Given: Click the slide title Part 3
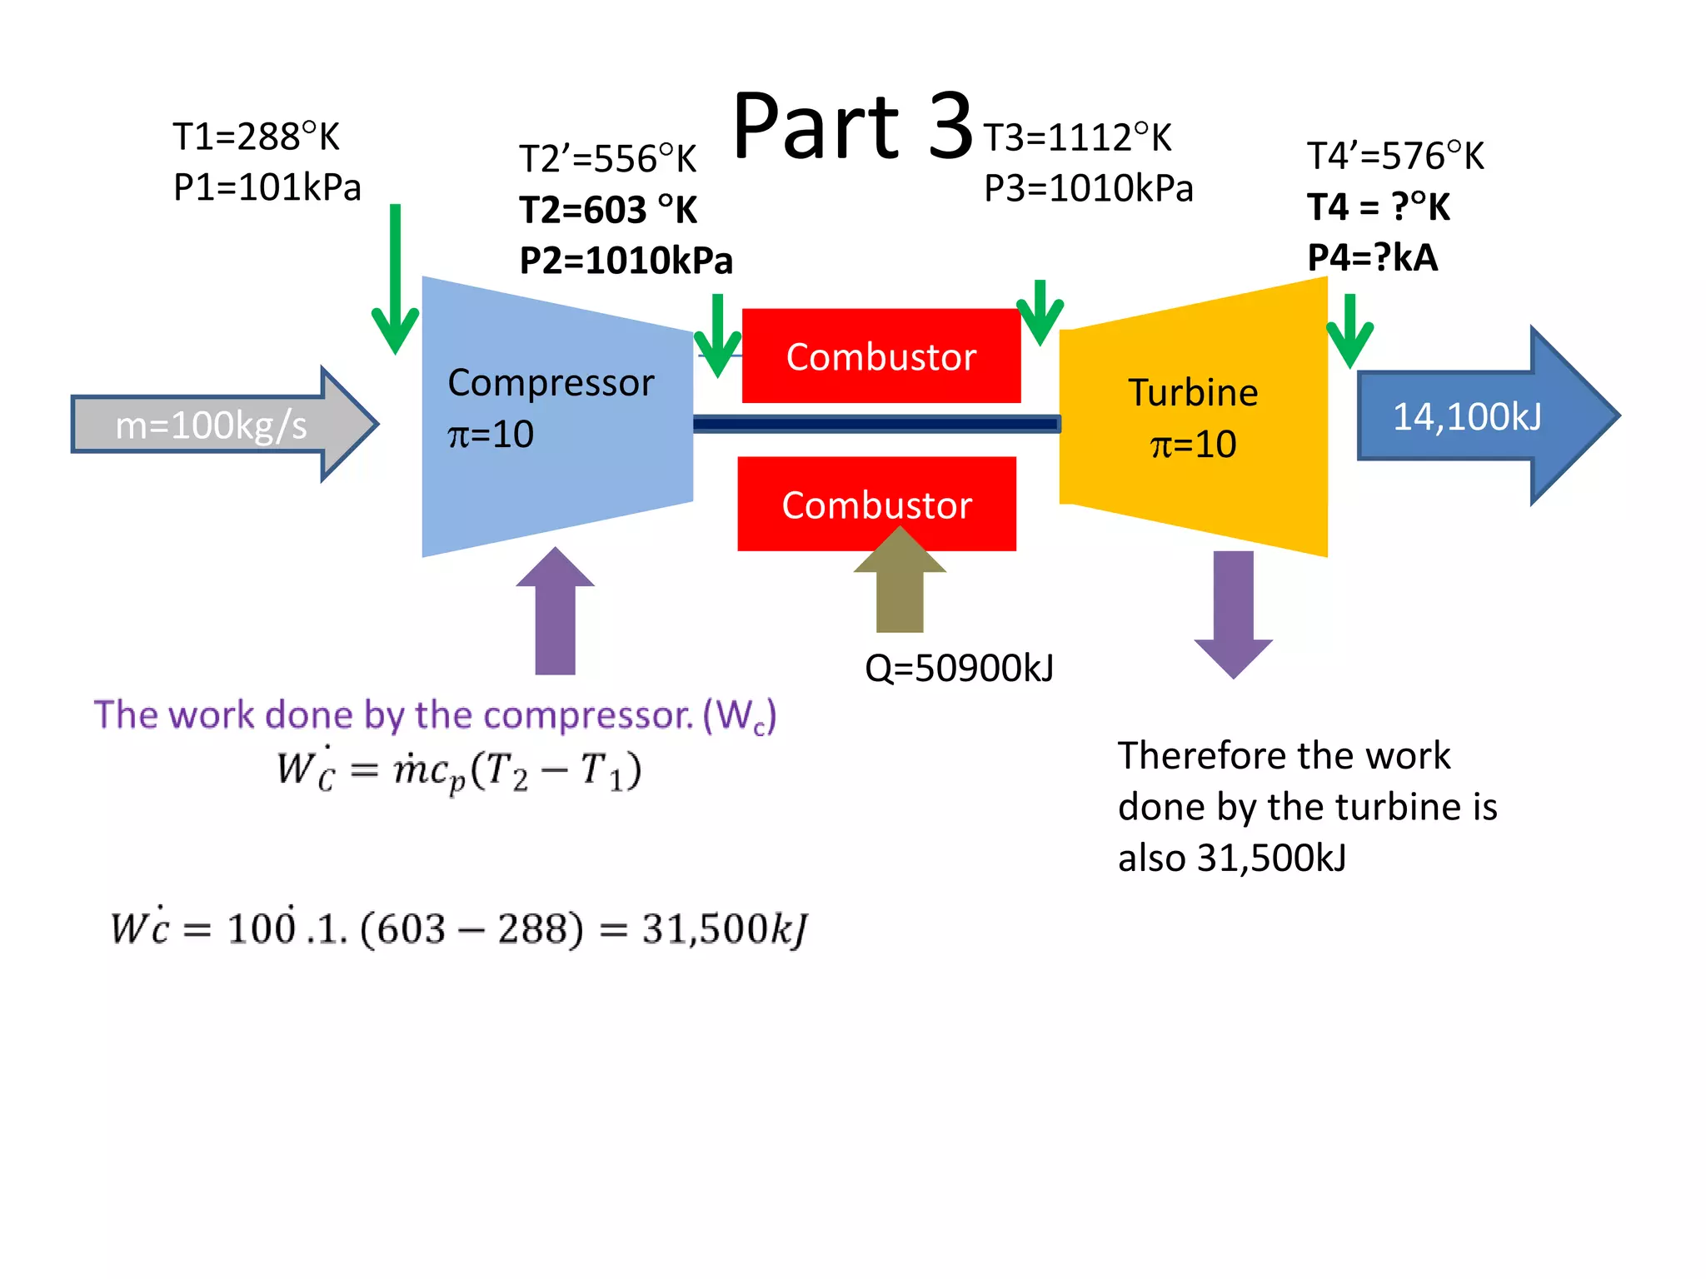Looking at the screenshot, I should [x=852, y=127].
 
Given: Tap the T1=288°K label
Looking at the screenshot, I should [x=256, y=137].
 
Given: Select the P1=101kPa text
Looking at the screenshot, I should [x=267, y=187].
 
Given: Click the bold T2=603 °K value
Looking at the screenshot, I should [x=608, y=210].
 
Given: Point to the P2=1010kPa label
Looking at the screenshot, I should [x=626, y=261].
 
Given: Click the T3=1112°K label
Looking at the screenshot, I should [x=1077, y=137].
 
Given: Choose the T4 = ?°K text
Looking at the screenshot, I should [x=1379, y=207].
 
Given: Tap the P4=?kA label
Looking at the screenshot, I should [x=1372, y=257].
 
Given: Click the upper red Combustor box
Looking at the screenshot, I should [x=880, y=356].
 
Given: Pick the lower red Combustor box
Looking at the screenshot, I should [x=876, y=505].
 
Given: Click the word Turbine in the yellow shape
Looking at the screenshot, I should [x=1193, y=392].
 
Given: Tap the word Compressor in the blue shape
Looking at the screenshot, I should [x=551, y=383].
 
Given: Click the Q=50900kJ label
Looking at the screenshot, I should [x=959, y=668].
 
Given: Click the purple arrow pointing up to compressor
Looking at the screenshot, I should [x=555, y=616].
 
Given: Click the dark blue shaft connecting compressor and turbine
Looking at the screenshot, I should [x=875, y=425].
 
